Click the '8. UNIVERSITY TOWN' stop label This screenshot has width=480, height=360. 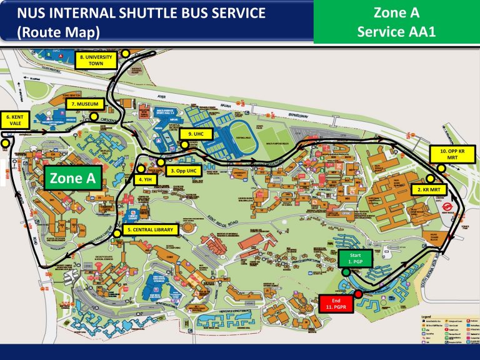[96, 60]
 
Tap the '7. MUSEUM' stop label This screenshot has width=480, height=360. [81, 103]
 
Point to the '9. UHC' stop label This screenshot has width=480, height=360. [196, 134]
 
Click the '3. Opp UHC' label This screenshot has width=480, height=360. [184, 170]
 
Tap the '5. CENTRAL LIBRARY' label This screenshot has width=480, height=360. [150, 230]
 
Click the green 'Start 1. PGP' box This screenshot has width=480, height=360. [355, 258]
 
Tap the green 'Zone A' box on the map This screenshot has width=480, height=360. [72, 179]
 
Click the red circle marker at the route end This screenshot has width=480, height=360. [358, 294]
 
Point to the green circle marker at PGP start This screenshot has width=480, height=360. [346, 272]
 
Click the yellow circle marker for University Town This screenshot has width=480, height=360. [126, 54]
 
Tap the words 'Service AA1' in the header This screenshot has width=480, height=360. [396, 31]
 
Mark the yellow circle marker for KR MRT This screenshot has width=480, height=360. [430, 178]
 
